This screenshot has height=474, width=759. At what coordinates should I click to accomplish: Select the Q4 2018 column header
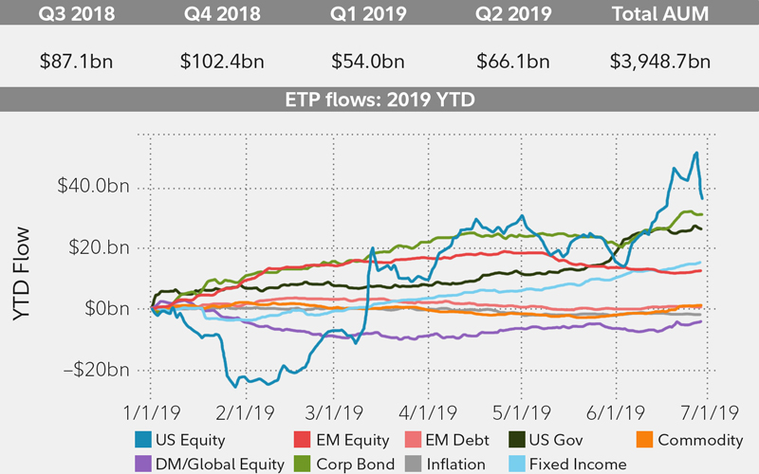pos(222,16)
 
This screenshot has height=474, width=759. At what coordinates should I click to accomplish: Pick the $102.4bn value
pos(222,62)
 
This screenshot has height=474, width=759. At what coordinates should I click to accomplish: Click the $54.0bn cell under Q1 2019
pos(369,62)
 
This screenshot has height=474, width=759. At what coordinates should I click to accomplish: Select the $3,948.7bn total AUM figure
pos(660,62)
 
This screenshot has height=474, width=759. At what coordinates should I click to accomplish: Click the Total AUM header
pos(661,16)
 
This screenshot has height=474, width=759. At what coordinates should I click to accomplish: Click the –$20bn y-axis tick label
pos(95,370)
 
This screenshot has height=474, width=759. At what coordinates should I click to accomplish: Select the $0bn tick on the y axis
pos(108,309)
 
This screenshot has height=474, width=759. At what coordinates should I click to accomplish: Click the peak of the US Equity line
pos(697,153)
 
